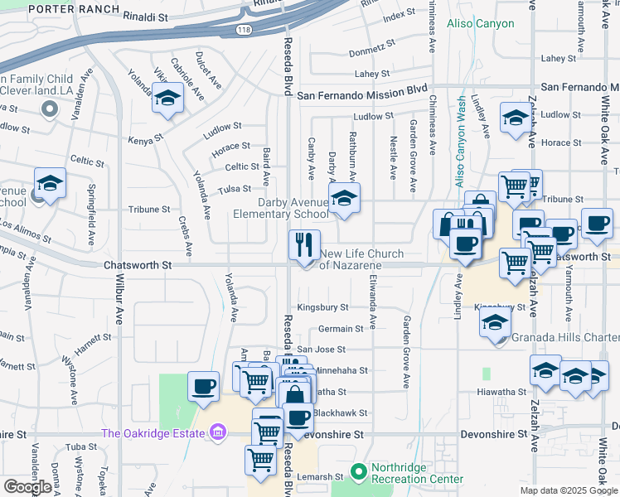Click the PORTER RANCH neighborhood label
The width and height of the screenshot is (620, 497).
click(61, 10)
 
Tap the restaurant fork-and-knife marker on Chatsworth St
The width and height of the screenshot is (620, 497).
click(304, 244)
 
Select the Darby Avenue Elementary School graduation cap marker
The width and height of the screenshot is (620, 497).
click(344, 198)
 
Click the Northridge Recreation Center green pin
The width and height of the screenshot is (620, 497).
click(358, 472)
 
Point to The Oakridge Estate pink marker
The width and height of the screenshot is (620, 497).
click(218, 432)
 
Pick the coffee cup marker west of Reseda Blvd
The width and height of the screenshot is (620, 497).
click(203, 386)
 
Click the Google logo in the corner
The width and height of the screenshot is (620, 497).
click(27, 487)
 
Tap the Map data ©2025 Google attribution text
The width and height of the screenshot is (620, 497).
click(568, 490)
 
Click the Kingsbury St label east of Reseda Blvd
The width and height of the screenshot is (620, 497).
click(322, 306)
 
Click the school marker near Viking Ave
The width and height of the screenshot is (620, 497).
click(168, 99)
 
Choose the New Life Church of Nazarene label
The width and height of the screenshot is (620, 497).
click(362, 259)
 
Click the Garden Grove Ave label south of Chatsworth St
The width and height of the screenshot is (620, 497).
click(407, 352)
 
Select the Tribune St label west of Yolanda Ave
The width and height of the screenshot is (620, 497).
click(149, 210)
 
